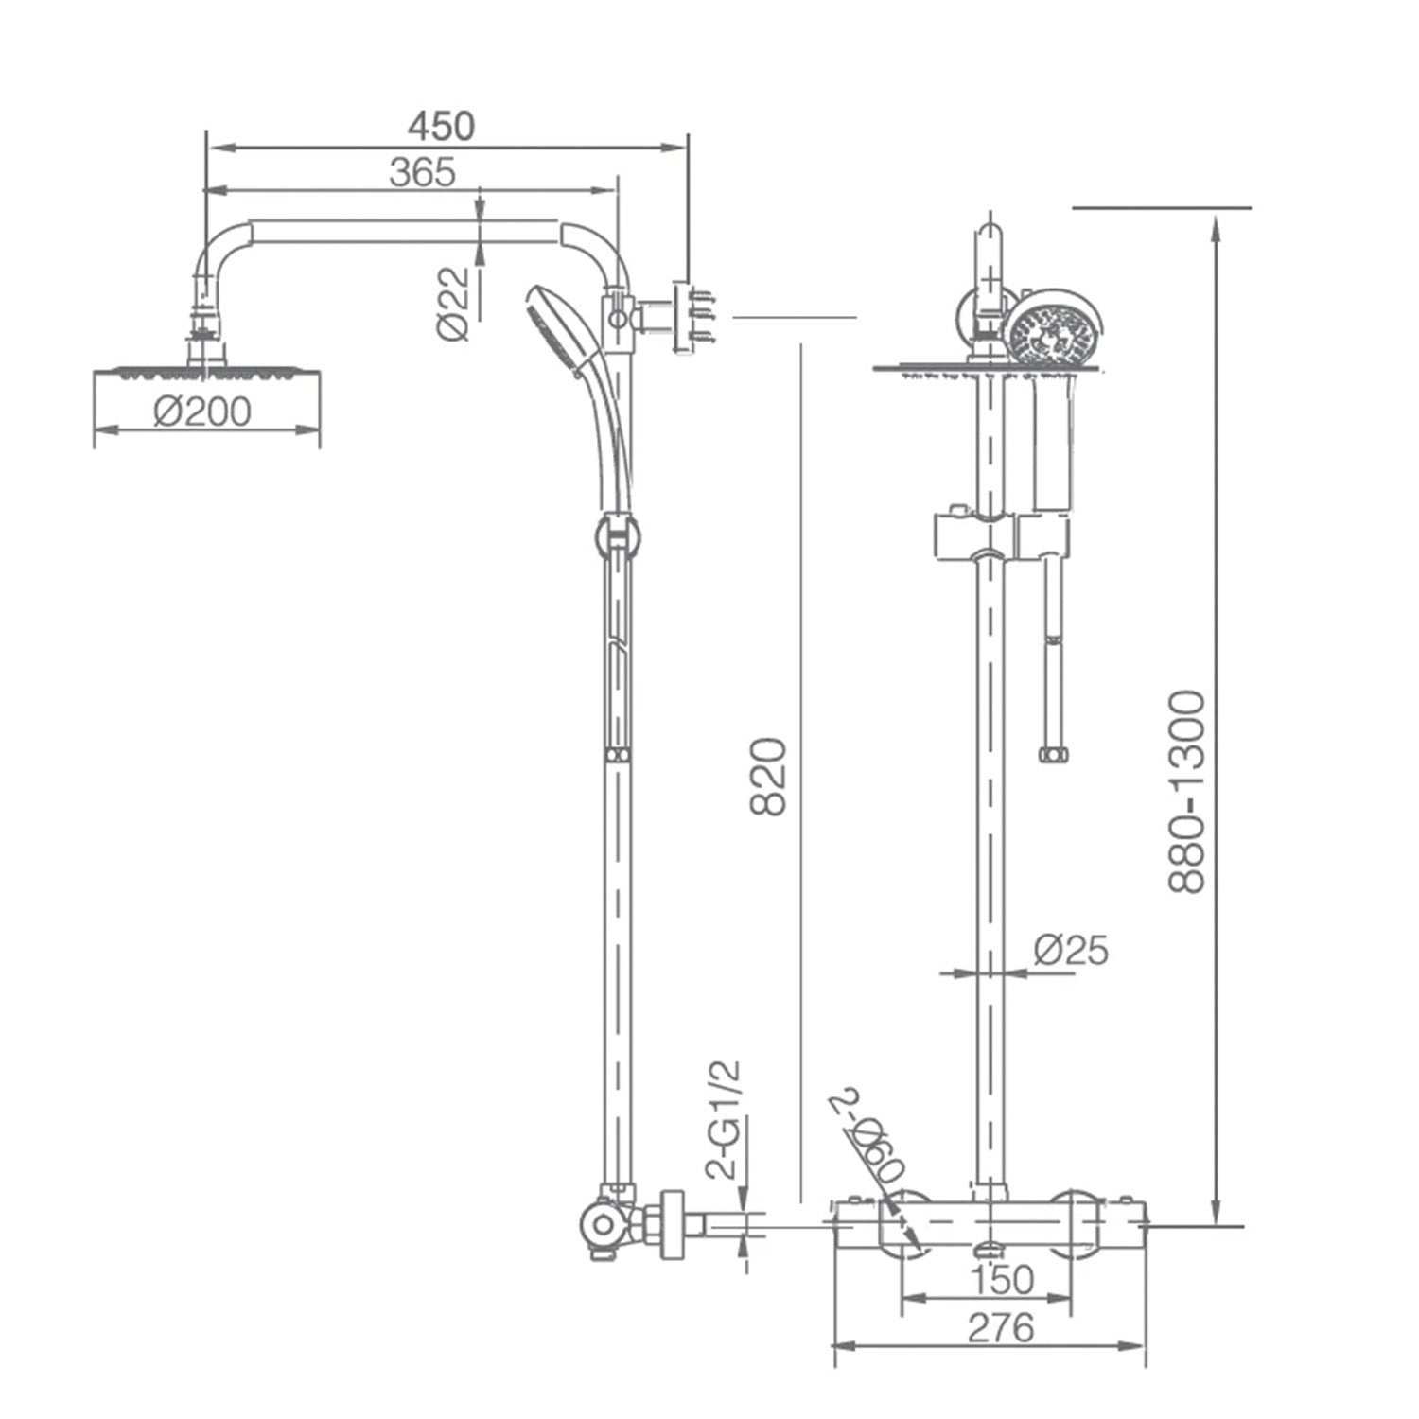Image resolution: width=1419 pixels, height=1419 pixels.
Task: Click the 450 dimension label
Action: tap(441, 126)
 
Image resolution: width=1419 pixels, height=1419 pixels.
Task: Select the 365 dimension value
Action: tap(422, 173)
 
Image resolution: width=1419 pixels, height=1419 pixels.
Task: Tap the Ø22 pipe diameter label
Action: tap(453, 304)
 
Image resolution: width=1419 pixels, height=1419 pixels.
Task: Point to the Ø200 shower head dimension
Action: tap(202, 412)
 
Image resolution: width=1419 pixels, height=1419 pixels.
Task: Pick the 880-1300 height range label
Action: tap(1187, 791)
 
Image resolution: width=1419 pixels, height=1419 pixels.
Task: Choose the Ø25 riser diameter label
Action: tap(1071, 949)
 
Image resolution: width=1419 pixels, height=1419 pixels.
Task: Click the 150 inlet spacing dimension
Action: tap(1002, 1280)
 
